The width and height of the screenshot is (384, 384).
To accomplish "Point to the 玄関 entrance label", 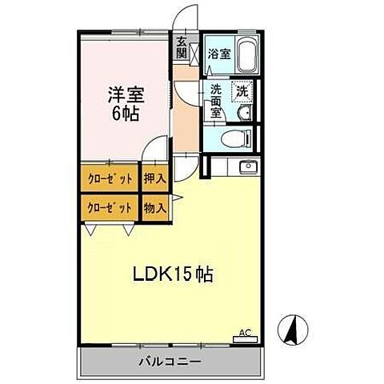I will point(182,48).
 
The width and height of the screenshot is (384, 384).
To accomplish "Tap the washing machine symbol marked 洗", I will point(242,92).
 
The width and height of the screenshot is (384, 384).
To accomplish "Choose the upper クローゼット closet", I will point(109,179).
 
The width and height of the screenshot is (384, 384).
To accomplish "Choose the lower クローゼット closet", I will point(109,207).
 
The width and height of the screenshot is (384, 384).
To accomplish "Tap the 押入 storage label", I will point(154,179).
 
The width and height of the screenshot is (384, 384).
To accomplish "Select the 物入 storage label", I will point(154,207).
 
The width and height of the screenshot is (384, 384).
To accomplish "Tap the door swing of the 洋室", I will point(157,150).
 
